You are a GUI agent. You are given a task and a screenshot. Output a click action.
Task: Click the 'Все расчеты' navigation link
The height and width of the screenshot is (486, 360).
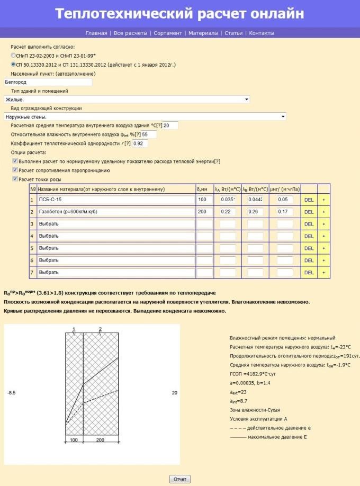[x=130, y=33]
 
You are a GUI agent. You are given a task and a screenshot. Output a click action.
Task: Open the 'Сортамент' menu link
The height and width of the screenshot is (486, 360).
[x=168, y=33]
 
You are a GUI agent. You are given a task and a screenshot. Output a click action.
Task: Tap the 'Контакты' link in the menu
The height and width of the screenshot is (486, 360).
[x=262, y=33]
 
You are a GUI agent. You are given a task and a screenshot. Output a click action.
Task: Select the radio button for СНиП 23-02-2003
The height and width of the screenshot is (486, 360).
[x=13, y=55]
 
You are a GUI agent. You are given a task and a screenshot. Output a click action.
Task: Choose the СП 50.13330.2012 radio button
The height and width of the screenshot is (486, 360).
[x=13, y=64]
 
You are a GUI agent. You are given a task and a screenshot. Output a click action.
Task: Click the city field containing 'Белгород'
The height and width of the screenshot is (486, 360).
[x=48, y=82]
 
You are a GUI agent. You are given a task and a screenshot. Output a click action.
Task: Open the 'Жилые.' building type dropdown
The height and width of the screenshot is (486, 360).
[x=127, y=99]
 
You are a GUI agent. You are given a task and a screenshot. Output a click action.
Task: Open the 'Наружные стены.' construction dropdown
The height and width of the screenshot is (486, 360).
[x=145, y=116]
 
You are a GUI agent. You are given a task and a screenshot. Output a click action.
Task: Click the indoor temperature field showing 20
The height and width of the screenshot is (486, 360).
[x=170, y=125]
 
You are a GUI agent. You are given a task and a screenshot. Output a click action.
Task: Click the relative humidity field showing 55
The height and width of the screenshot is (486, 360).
[x=149, y=134]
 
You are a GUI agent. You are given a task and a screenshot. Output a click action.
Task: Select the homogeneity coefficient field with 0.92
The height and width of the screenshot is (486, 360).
[x=140, y=143]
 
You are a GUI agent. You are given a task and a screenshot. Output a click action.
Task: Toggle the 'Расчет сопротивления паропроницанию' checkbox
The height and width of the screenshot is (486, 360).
[x=15, y=170]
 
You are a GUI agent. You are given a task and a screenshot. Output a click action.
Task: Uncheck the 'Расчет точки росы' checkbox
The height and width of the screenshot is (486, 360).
[x=15, y=179]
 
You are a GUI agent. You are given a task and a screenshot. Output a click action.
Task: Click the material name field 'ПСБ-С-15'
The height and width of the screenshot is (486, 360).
[x=116, y=200]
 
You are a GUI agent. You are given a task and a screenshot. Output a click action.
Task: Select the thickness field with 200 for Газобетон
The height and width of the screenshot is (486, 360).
[x=204, y=212]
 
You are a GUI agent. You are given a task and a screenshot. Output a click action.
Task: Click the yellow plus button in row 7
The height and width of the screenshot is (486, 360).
[x=324, y=272]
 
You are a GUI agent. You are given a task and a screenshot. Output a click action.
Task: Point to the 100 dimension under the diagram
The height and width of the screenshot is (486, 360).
[x=74, y=440]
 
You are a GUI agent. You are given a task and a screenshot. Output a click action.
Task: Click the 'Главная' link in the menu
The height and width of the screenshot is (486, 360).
[x=96, y=33]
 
